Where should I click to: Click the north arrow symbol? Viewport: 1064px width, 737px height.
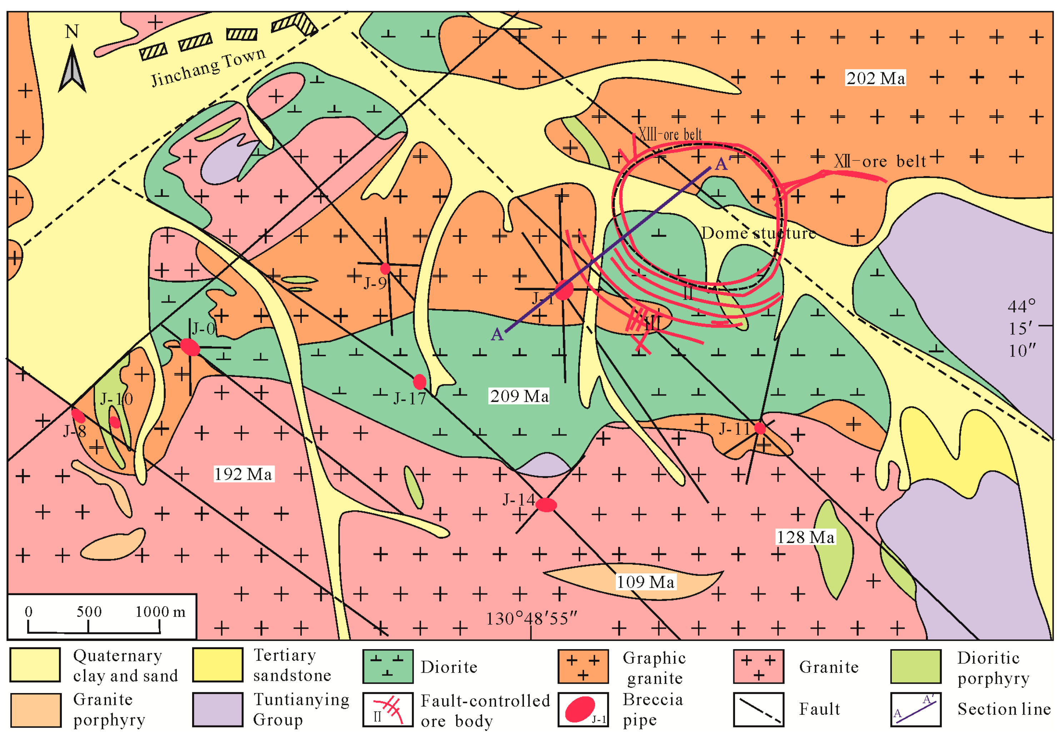click(x=72, y=69)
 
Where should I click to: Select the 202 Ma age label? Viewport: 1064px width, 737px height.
click(x=875, y=78)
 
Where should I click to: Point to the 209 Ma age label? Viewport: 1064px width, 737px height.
click(x=519, y=396)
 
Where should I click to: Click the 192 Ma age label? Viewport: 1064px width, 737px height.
click(x=243, y=474)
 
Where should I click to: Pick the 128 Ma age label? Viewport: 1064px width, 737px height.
click(x=805, y=537)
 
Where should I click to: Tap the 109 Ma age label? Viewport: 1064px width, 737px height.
click(x=645, y=582)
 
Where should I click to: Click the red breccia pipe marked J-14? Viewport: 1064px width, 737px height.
click(x=546, y=505)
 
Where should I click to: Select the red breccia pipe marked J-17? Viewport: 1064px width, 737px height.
click(x=419, y=382)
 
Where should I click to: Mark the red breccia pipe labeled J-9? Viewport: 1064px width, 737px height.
click(x=385, y=268)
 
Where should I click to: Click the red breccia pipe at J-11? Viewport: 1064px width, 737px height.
click(x=760, y=429)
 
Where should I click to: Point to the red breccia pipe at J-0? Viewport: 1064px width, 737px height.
click(x=190, y=347)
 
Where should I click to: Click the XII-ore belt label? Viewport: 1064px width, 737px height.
click(x=879, y=161)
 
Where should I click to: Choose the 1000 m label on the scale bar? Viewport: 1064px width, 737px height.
click(x=160, y=612)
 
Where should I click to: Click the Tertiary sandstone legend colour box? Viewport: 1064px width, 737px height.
click(x=218, y=665)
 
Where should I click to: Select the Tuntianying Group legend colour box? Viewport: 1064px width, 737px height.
click(x=218, y=709)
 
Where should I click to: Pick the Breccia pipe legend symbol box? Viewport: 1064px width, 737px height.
click(x=583, y=709)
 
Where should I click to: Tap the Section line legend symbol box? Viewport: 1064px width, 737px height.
click(x=915, y=709)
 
